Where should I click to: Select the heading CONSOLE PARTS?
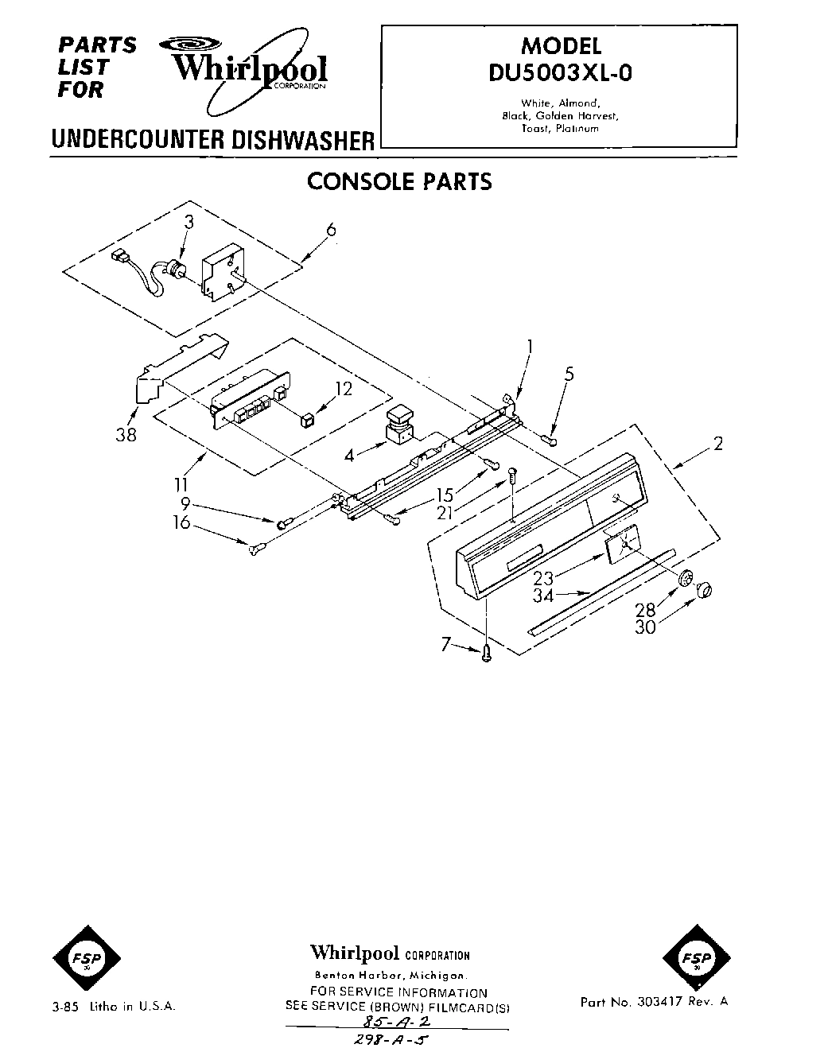pos(399,181)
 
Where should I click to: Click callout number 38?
pos(126,434)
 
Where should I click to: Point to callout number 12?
pos(343,388)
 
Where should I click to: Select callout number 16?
pos(182,522)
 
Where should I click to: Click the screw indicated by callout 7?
pos(488,653)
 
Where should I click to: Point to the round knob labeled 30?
pos(704,589)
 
